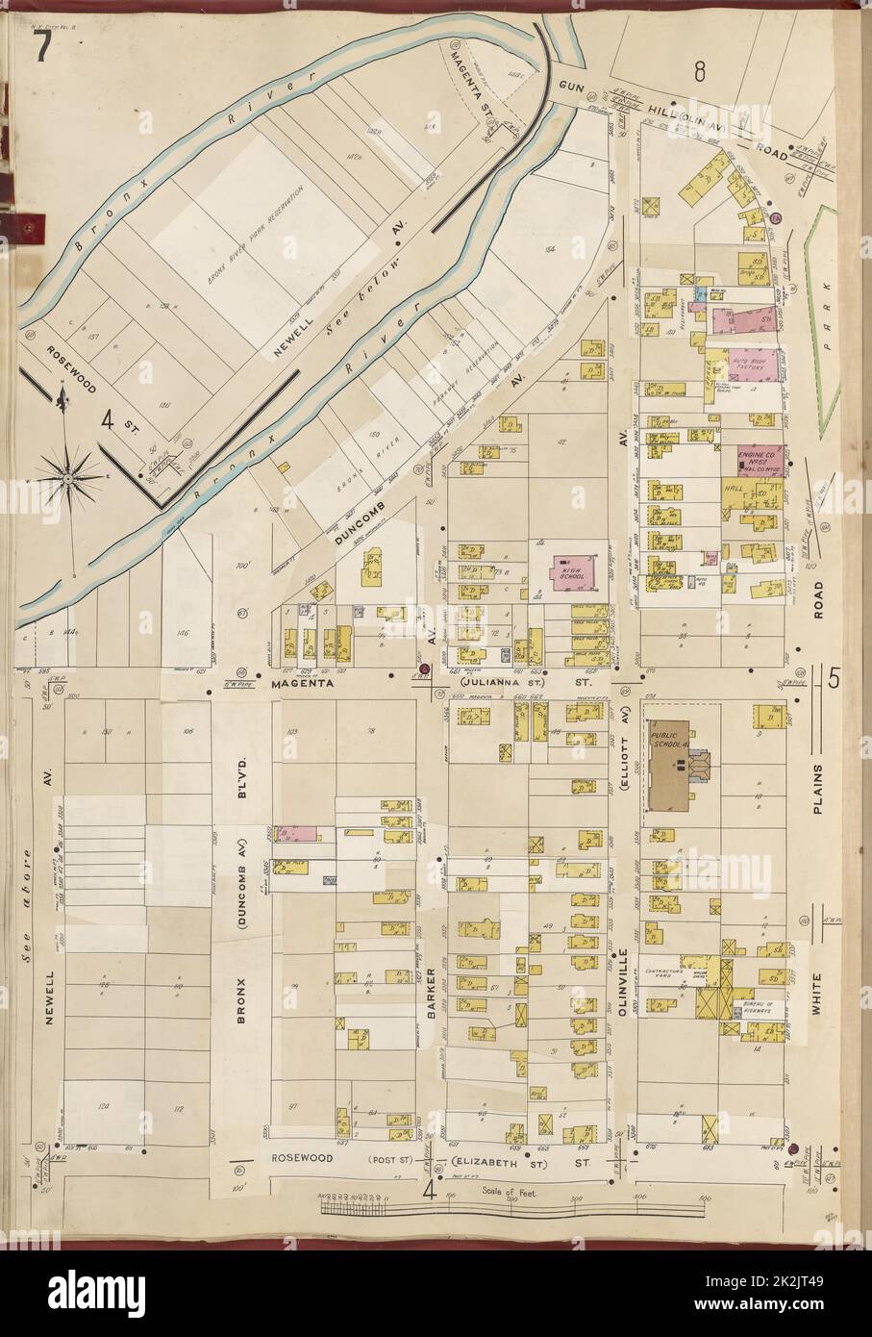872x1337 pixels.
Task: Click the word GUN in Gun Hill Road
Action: [x=573, y=86]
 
